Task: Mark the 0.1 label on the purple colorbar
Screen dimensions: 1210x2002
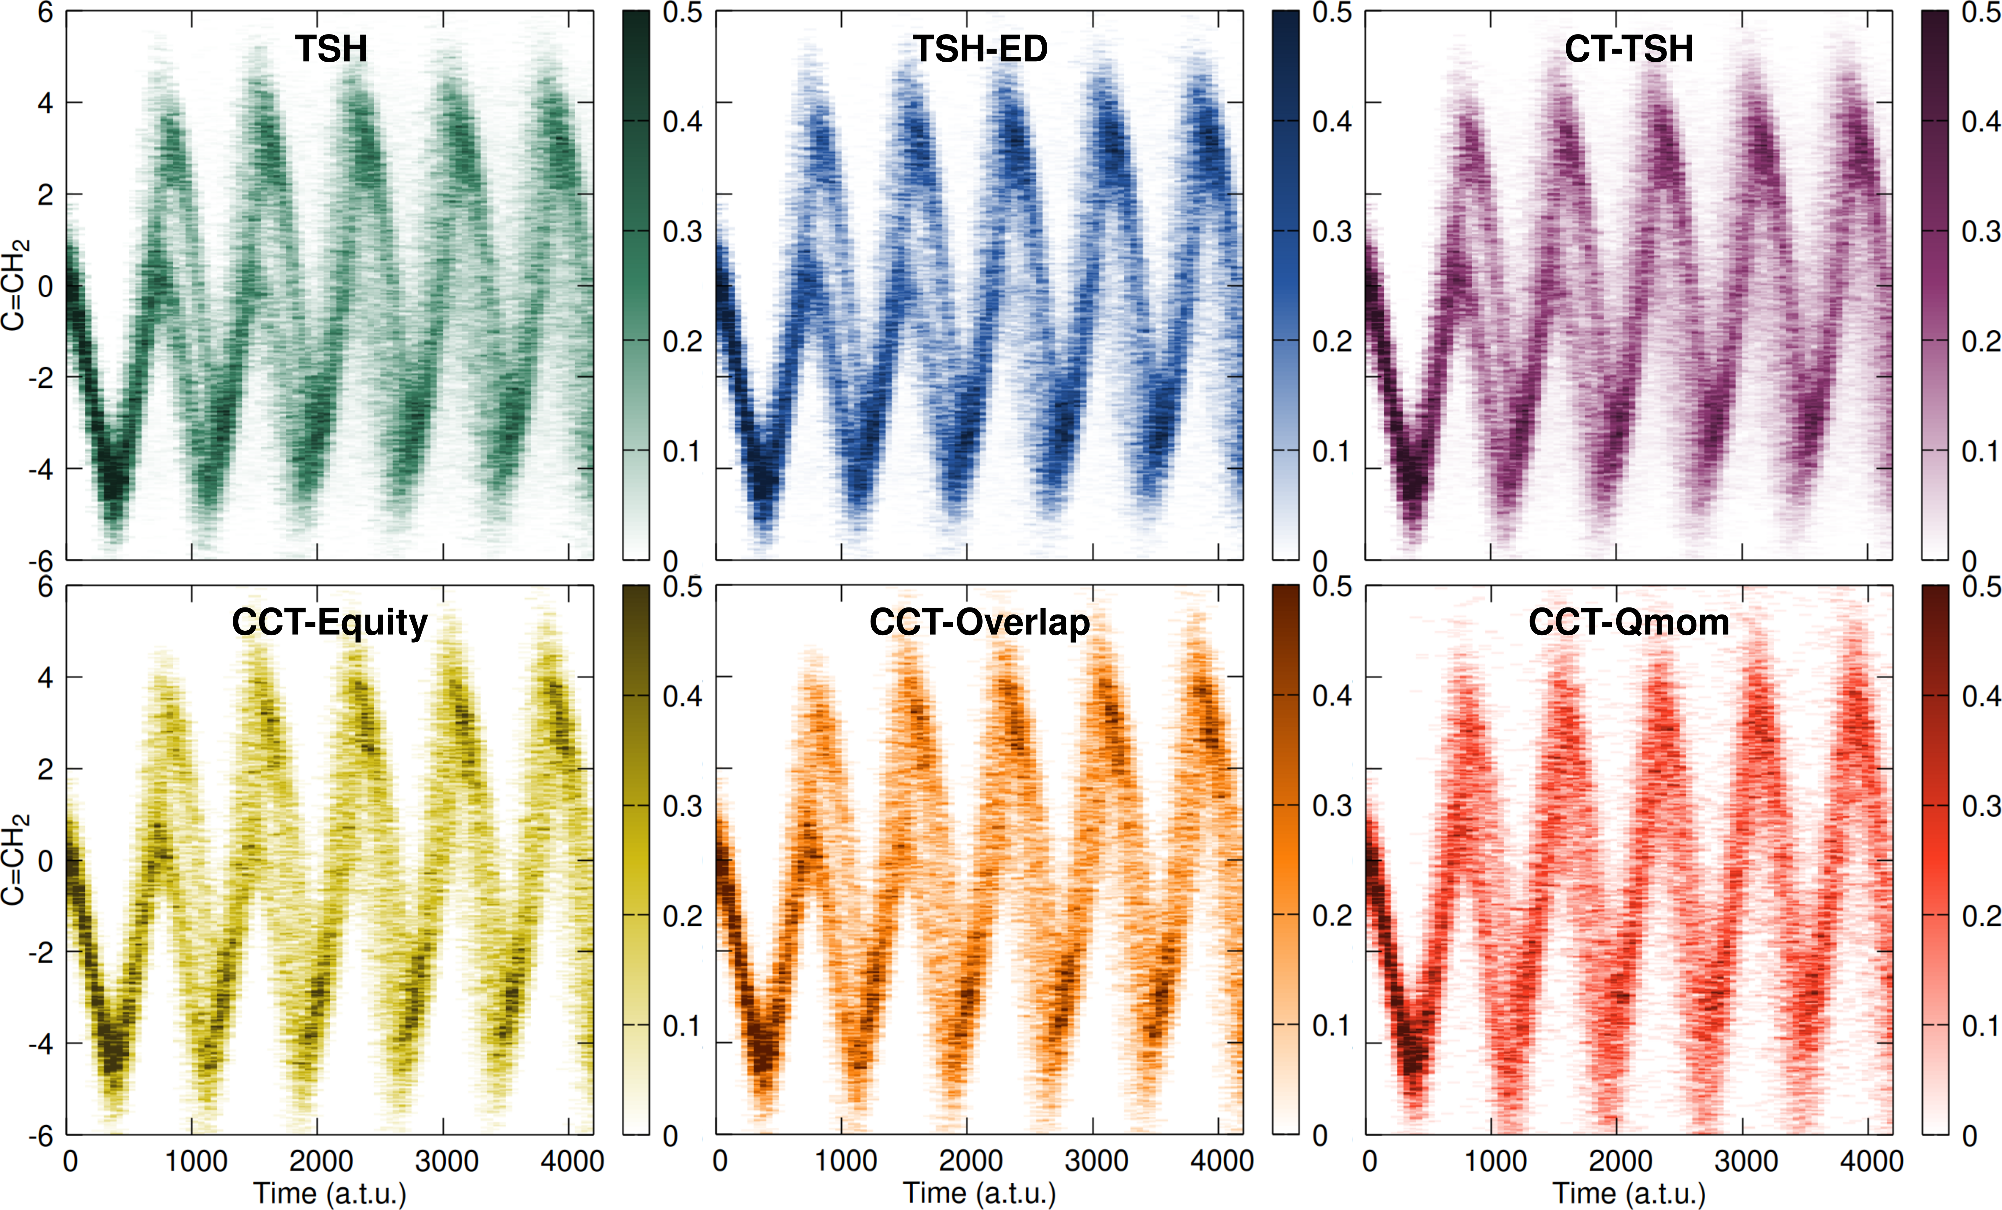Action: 1981,451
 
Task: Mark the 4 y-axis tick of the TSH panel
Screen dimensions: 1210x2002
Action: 45,103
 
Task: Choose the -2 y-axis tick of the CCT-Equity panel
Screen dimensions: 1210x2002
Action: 40,952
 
